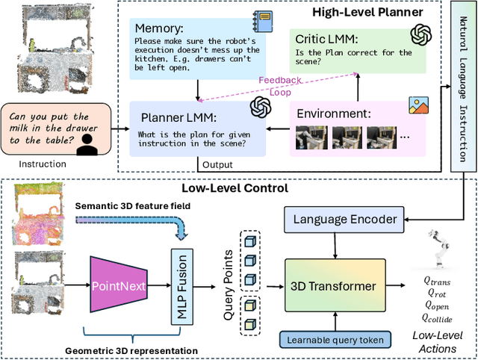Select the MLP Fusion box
(181, 285)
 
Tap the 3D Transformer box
(334, 287)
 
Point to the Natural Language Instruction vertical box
(465, 90)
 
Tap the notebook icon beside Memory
(264, 20)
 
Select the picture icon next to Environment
(418, 105)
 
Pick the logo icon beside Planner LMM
(259, 108)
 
